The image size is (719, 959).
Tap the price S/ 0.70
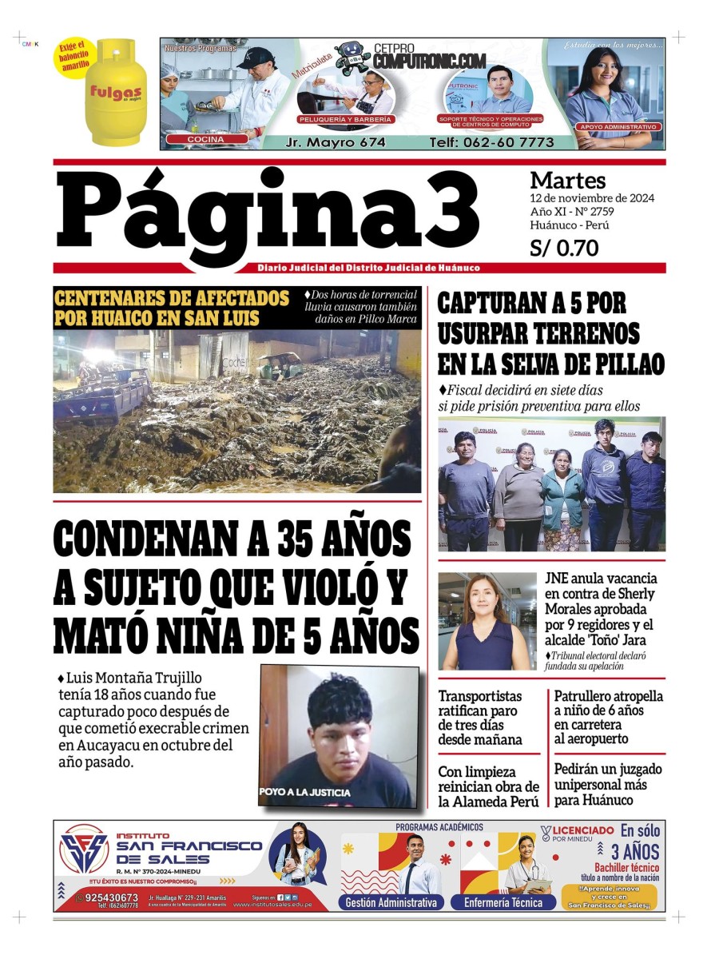(564, 249)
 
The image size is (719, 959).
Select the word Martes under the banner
(567, 181)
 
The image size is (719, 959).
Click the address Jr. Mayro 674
(336, 142)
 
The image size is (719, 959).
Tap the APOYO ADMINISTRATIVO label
(618, 127)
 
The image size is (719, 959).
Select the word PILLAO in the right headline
(624, 363)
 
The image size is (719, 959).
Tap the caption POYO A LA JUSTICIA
(304, 792)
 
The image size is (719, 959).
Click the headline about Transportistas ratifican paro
(479, 718)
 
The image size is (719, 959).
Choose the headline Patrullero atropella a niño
(608, 718)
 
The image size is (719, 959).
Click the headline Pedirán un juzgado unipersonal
(608, 784)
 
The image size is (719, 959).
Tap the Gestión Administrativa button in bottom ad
(391, 902)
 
